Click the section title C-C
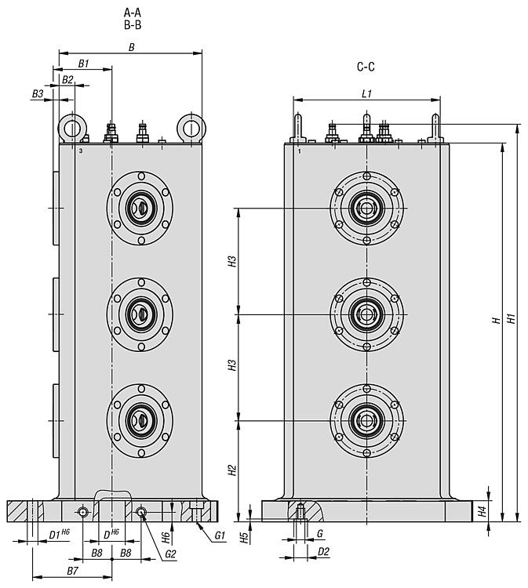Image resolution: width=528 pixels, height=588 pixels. point(366,67)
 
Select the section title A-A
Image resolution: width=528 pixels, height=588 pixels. point(133,13)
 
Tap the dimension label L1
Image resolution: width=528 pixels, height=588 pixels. point(366,93)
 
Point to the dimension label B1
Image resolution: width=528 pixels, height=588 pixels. point(83,64)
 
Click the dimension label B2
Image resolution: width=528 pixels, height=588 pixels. point(67,79)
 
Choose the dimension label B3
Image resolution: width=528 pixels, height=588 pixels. point(38,93)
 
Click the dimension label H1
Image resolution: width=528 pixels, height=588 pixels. point(511,318)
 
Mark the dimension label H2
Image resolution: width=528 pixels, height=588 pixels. point(233,470)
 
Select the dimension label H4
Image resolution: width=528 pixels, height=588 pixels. point(482,511)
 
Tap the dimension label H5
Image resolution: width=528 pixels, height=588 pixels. point(244,537)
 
